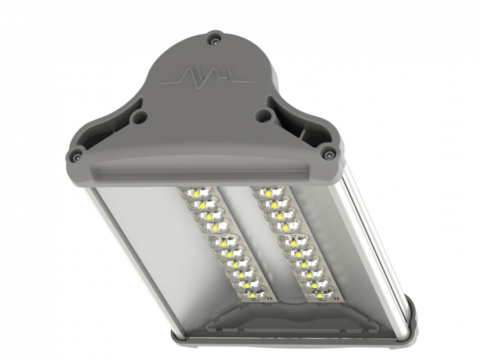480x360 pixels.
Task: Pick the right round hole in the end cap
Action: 261,114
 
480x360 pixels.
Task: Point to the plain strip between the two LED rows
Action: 256,235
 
